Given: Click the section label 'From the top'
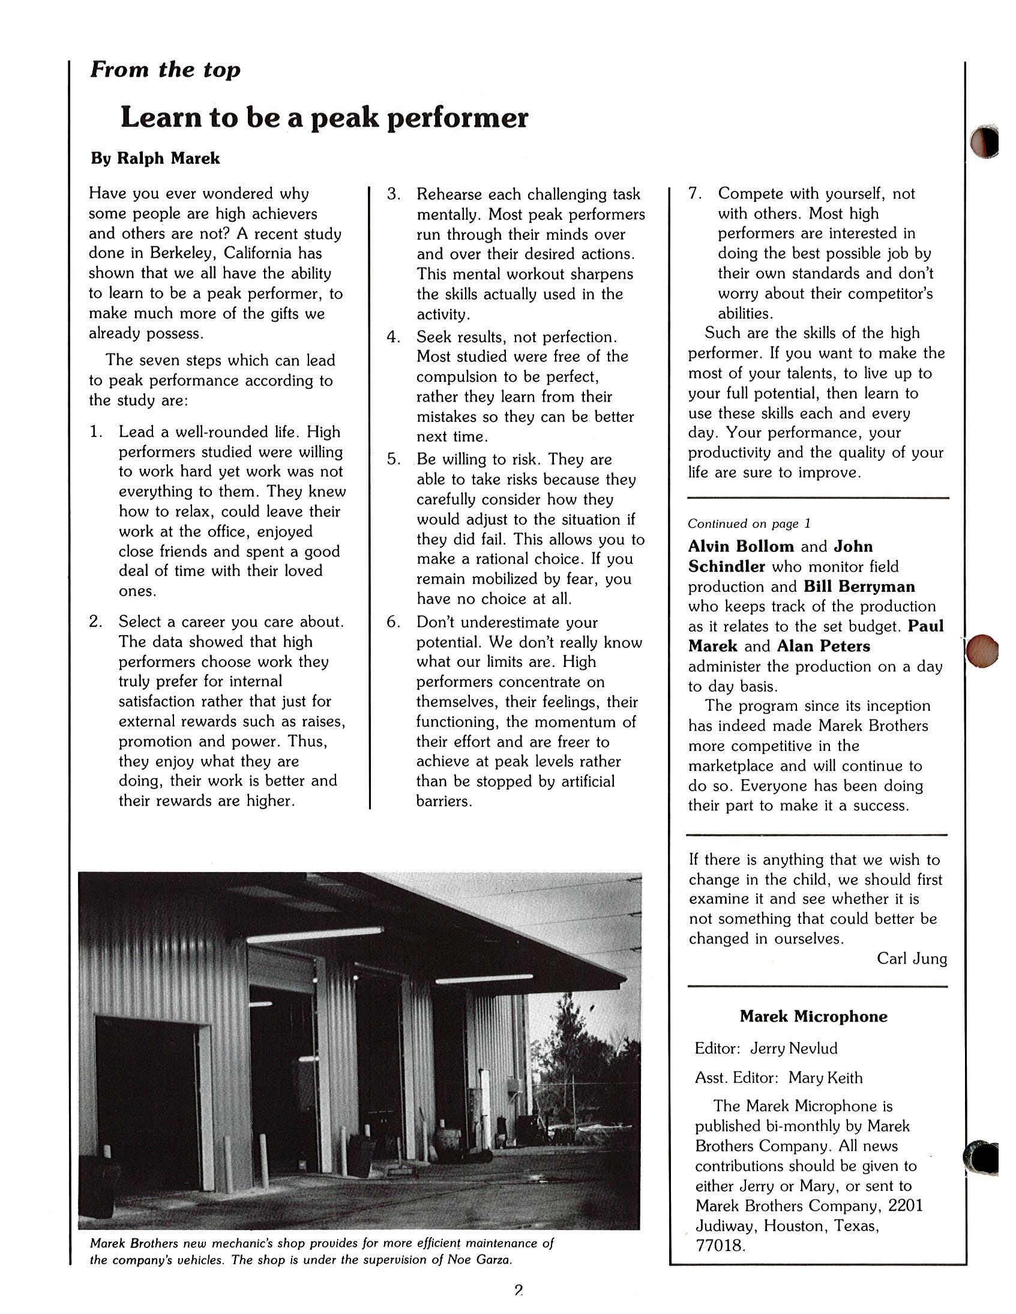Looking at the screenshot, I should pos(166,70).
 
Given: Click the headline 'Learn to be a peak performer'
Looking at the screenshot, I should pos(324,117).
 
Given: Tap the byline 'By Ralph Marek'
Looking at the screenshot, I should pos(155,158).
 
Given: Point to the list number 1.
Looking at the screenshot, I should pos(95,432).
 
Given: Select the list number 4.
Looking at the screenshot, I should pos(394,337).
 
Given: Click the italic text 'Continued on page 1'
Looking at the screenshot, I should pos(749,523).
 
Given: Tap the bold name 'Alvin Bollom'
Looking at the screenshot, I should pos(741,546).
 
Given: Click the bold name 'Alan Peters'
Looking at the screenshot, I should pos(823,646).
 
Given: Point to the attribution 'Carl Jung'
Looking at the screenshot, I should pos(912,959).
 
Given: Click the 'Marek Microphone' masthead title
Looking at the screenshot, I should pos(813,1017).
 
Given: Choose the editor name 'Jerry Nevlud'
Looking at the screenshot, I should pos(793,1049).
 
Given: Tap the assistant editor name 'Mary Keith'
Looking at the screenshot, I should pos(825,1077).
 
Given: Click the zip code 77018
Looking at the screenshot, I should pos(720,1246).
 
